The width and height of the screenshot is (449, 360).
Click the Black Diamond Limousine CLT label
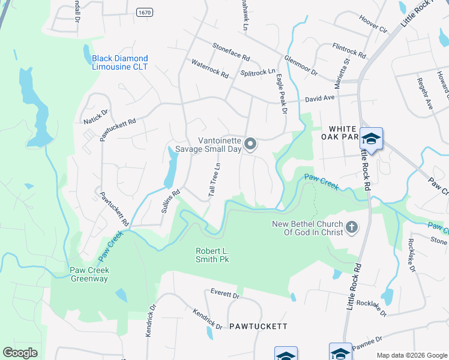click(x=119, y=62)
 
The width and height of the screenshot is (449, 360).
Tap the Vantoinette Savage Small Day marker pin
click(x=251, y=144)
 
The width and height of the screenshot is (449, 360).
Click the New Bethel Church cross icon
click(x=351, y=227)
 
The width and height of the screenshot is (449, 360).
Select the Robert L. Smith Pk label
click(x=212, y=255)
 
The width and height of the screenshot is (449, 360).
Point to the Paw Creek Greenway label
click(x=89, y=274)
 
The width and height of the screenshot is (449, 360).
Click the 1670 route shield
click(x=144, y=12)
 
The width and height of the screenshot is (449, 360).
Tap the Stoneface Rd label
click(x=231, y=52)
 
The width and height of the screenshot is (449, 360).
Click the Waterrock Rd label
click(x=209, y=69)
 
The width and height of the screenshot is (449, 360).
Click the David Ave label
click(x=319, y=97)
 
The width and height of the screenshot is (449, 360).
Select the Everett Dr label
click(x=225, y=295)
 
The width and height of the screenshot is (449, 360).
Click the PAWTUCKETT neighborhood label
click(x=258, y=326)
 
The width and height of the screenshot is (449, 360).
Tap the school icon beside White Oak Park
click(x=372, y=139)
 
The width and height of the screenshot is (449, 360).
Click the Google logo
click(x=20, y=353)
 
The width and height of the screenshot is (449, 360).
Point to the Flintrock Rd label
click(x=349, y=50)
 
